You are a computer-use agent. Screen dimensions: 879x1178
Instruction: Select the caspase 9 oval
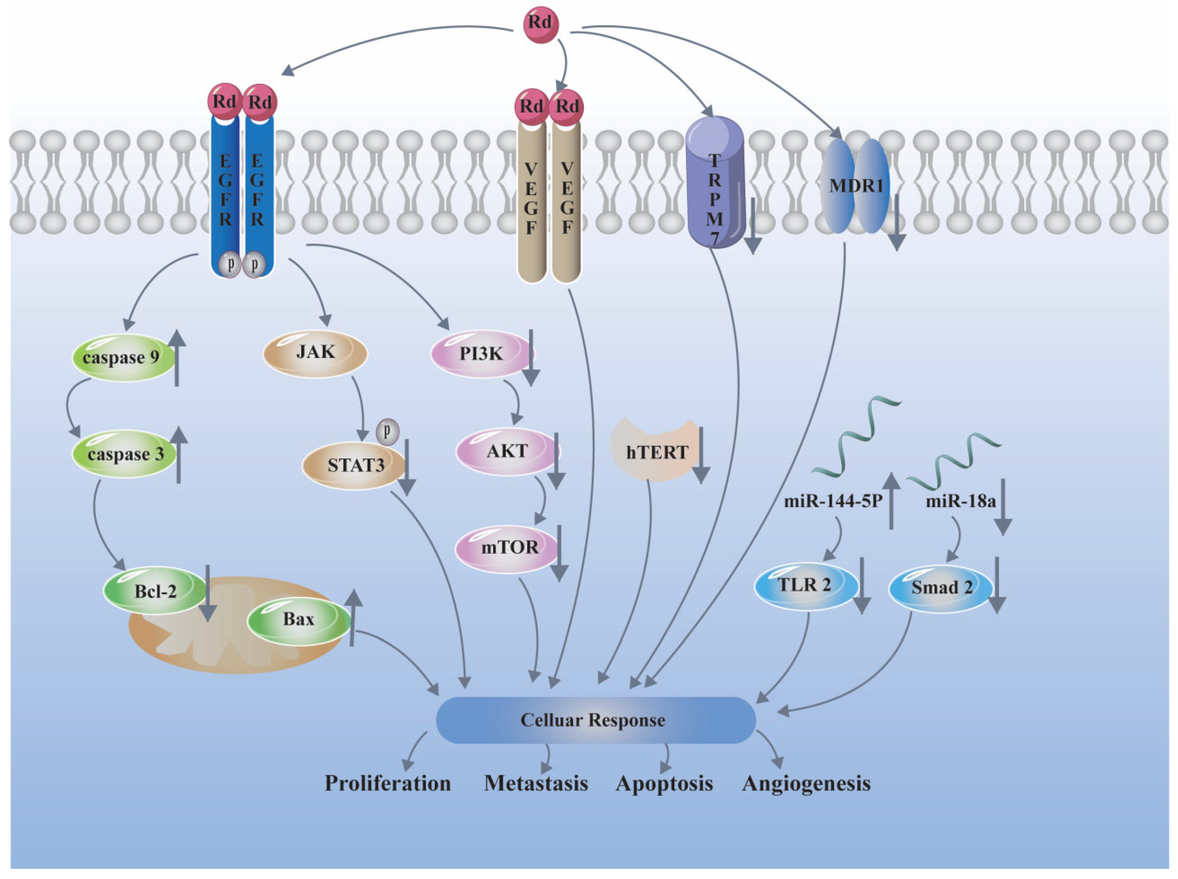click(x=121, y=357)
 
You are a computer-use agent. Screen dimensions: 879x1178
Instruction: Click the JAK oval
click(x=315, y=353)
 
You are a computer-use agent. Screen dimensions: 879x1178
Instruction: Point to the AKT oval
click(x=506, y=451)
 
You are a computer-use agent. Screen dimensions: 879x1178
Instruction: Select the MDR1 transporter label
click(x=856, y=186)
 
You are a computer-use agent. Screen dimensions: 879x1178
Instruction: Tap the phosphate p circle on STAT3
click(x=387, y=431)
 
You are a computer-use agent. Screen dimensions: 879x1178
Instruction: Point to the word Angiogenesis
click(x=806, y=784)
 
